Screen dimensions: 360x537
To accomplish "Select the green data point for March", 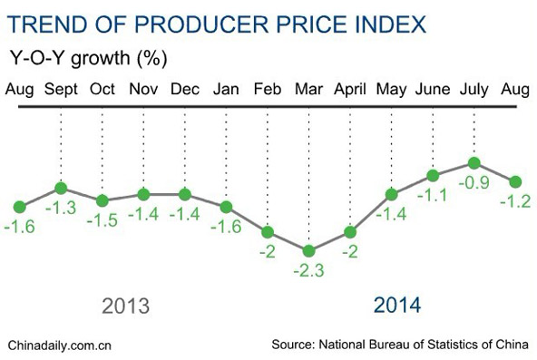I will click(309, 250).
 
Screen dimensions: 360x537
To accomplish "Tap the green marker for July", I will click(473, 163).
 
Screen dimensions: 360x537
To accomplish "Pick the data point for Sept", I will click(60, 188).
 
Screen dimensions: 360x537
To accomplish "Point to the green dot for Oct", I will click(102, 200).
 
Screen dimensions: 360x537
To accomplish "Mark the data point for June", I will click(433, 175).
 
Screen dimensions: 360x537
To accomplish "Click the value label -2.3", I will click(309, 270).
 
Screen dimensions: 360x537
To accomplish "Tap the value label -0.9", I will click(473, 183).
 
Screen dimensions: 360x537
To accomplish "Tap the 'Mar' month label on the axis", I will click(308, 90).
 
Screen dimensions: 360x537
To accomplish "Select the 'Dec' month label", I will click(184, 90).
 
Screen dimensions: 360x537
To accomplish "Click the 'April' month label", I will click(350, 90).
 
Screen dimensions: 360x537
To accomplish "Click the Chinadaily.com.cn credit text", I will click(59, 345).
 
